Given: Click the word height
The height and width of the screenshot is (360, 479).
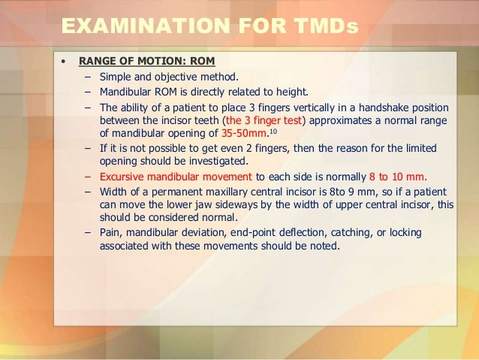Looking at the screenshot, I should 291,92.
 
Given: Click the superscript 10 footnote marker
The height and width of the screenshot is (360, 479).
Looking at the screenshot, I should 273,132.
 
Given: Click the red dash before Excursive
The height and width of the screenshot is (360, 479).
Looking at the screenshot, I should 88,177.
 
